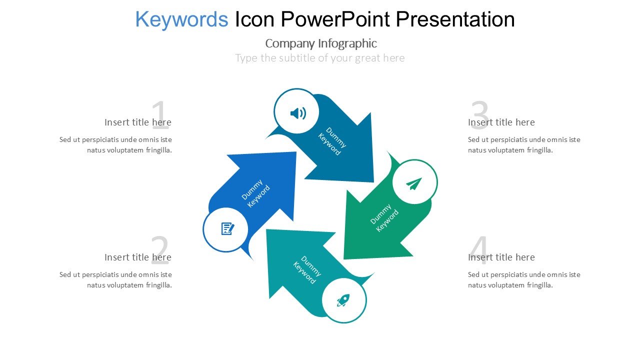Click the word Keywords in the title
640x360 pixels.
pyautogui.click(x=181, y=19)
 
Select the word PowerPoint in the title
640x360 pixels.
pyautogui.click(x=335, y=19)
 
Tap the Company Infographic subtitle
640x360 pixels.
pyautogui.click(x=321, y=43)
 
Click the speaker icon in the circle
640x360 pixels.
pyautogui.click(x=297, y=113)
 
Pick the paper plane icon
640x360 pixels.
pyautogui.click(x=413, y=183)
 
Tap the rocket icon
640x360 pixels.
pyautogui.click(x=343, y=300)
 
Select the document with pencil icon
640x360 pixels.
pyautogui.click(x=227, y=228)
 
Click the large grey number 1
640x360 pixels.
pyautogui.click(x=160, y=115)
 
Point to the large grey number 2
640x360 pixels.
pyautogui.click(x=160, y=250)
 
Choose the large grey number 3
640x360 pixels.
pyautogui.click(x=479, y=115)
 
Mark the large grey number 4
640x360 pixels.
pyautogui.click(x=479, y=250)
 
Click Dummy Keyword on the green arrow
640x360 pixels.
pyautogui.click(x=384, y=217)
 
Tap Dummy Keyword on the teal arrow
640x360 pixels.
pyautogui.click(x=307, y=270)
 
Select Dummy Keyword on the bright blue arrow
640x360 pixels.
pyautogui.click(x=255, y=193)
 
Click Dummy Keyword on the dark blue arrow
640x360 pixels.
pyautogui.click(x=332, y=141)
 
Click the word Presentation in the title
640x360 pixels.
pyautogui.click(x=455, y=19)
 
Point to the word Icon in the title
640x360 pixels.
pyautogui.click(x=254, y=19)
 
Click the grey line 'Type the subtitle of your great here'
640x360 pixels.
pyautogui.click(x=320, y=58)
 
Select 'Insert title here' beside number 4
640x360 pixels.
pyautogui.click(x=501, y=257)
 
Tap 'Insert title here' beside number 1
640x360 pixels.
pyautogui.click(x=138, y=122)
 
